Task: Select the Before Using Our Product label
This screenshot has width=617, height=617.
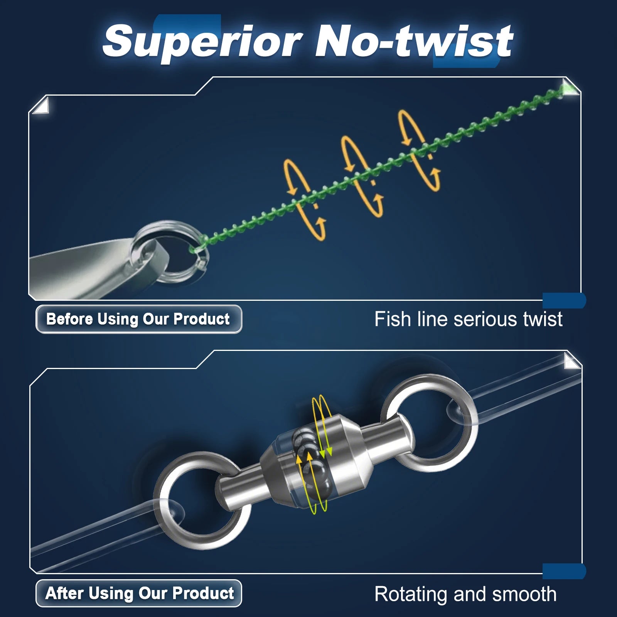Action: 138,319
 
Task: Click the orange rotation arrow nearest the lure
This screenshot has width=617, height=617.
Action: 305,201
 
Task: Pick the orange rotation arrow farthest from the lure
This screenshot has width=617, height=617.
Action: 418,150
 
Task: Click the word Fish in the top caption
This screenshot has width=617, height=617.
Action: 393,320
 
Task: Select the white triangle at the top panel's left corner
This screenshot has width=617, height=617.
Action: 41,106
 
